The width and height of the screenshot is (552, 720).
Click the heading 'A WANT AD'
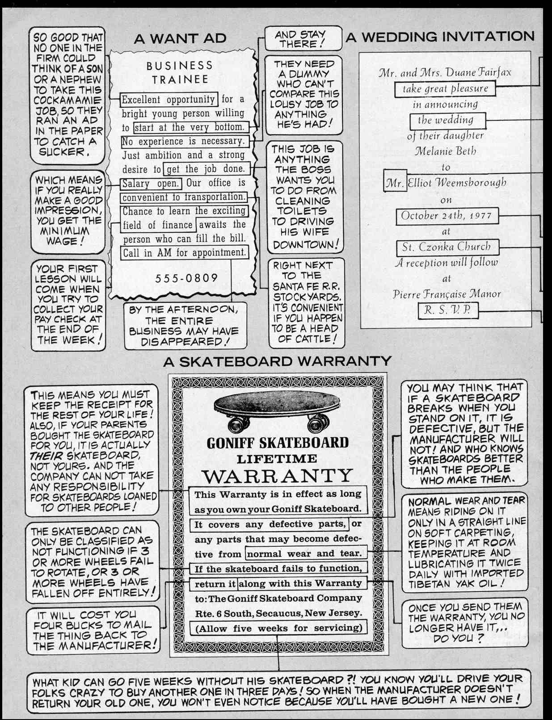click(180, 38)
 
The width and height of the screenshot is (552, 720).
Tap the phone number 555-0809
click(187, 278)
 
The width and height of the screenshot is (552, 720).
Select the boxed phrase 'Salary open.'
click(151, 184)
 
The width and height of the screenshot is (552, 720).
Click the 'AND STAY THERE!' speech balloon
click(302, 39)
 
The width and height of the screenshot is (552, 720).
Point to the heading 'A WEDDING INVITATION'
click(440, 37)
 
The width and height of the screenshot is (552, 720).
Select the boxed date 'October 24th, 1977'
click(447, 216)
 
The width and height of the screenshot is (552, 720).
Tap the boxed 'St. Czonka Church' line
click(447, 247)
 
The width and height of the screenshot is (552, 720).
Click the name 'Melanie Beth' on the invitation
click(446, 151)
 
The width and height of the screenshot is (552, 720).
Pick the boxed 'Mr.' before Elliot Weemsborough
click(395, 183)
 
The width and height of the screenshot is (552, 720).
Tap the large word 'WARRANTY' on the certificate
click(277, 476)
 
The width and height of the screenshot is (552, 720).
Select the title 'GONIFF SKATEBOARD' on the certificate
click(277, 443)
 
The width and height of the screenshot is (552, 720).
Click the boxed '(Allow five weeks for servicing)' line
click(278, 628)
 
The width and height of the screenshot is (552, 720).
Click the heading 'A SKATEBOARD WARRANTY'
click(277, 361)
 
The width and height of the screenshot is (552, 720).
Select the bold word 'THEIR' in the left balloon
click(46, 456)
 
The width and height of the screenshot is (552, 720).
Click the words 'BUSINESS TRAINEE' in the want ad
click(180, 72)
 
